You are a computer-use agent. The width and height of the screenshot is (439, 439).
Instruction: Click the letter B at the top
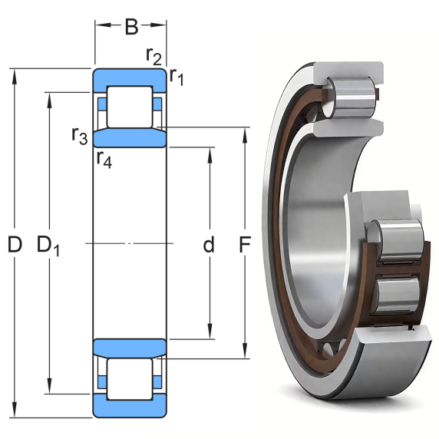tap(131, 27)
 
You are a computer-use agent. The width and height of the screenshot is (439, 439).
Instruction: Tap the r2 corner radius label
tap(153, 56)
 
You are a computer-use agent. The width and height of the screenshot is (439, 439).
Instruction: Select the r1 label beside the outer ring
tap(177, 76)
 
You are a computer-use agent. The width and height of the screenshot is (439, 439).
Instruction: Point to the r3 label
tap(80, 136)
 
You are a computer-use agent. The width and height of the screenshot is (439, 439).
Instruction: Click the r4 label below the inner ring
tap(104, 160)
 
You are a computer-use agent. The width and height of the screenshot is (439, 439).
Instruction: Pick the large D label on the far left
tap(15, 244)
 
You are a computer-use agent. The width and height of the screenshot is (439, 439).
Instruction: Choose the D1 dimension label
tap(48, 246)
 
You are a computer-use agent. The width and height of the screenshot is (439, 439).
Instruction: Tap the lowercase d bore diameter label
tap(209, 244)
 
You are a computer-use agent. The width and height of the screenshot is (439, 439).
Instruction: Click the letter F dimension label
tap(245, 244)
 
